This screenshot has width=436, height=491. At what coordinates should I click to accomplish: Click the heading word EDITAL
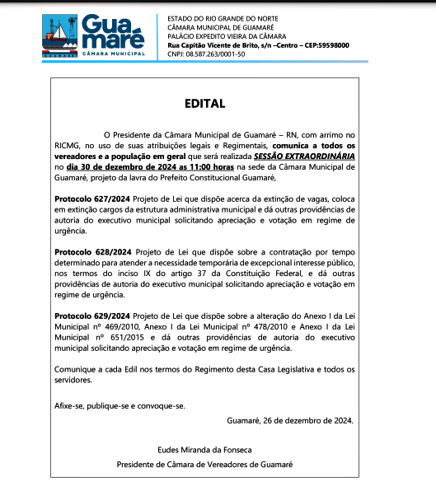coord(218,104)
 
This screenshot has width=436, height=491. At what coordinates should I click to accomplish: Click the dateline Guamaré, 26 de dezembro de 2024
coord(289,420)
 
